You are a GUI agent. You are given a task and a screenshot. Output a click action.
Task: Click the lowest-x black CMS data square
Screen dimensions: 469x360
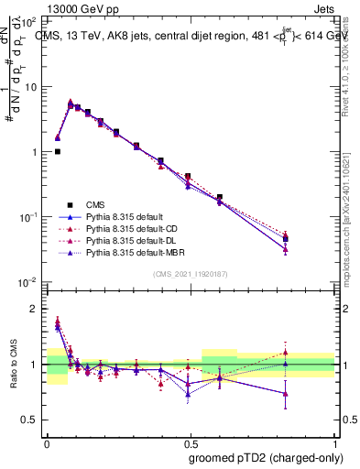point(58,152)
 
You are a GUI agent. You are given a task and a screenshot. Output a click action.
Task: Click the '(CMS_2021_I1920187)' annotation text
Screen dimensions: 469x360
point(190,274)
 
